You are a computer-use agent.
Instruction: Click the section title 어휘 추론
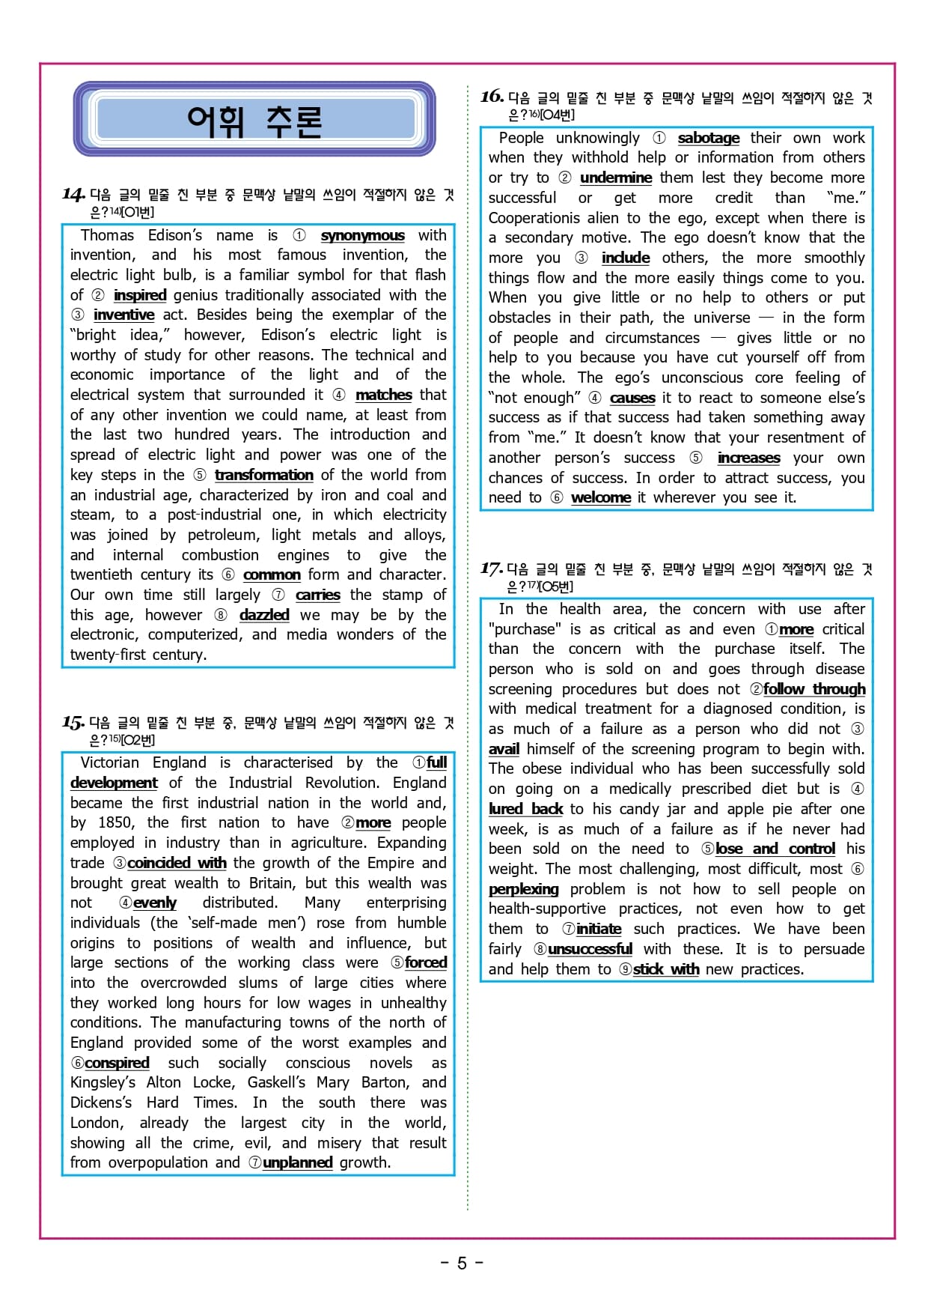coord(254,121)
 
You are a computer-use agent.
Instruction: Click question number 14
coord(73,195)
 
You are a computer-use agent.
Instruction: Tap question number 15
coord(73,723)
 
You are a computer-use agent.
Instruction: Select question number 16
coord(492,97)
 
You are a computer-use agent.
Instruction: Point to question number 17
coord(491,568)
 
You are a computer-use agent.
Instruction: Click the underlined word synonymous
coord(362,235)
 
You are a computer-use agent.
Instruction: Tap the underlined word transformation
coord(263,475)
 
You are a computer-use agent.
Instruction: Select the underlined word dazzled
coord(264,615)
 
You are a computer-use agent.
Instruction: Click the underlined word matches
coord(383,395)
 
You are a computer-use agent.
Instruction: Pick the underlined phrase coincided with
coord(177,863)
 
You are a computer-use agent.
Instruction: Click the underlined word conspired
coord(117,1063)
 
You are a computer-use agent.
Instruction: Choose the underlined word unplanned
coord(297,1162)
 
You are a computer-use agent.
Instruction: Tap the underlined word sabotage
coord(708,138)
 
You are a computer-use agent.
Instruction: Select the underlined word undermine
coord(615,178)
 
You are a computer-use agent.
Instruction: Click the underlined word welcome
coord(600,497)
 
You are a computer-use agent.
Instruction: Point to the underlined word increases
coord(748,458)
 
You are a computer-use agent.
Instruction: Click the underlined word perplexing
coord(523,889)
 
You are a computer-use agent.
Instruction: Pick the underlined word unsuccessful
coord(590,949)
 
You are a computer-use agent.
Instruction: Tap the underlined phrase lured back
coord(525,809)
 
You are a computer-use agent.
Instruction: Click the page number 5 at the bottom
coord(462,1264)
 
